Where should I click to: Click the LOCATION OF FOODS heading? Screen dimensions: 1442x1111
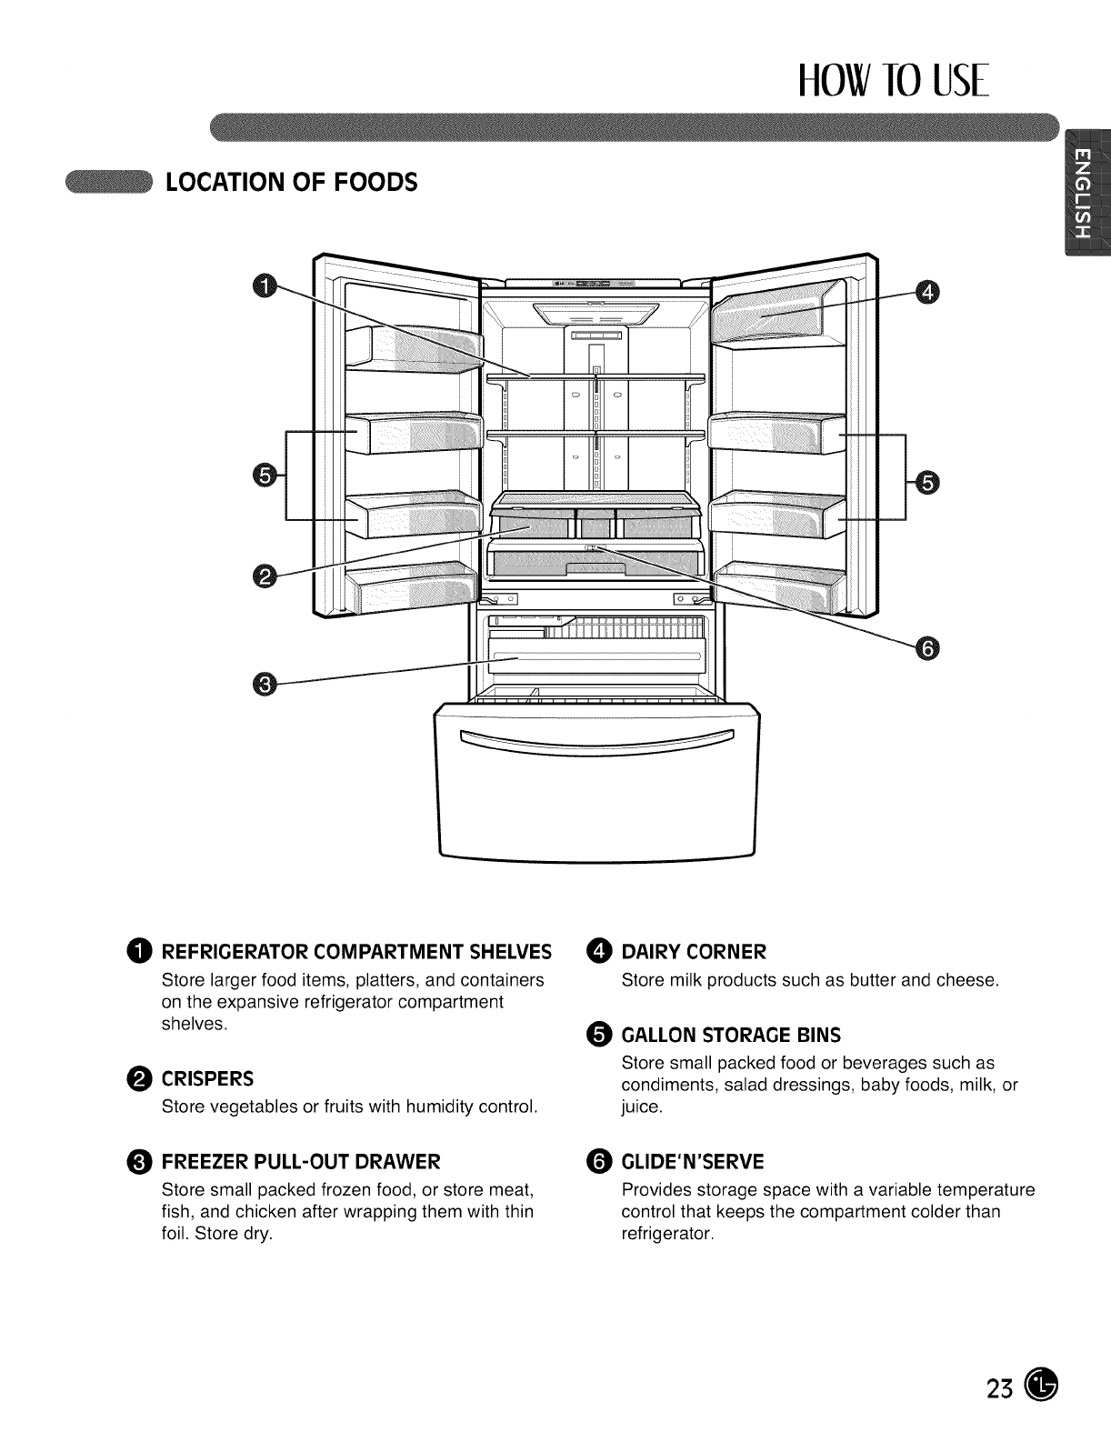[x=290, y=182]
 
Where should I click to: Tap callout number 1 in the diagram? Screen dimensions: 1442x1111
[x=261, y=287]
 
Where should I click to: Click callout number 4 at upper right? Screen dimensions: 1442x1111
[x=926, y=292]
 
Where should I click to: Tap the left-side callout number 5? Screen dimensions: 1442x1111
[x=263, y=475]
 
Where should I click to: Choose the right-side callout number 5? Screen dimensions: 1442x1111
[x=926, y=482]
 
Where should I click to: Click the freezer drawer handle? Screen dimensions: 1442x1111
[x=596, y=739]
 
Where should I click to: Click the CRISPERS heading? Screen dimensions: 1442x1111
[x=207, y=1079]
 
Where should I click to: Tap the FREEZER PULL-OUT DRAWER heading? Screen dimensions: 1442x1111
[x=301, y=1161]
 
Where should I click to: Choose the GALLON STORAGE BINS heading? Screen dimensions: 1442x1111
[x=731, y=1035]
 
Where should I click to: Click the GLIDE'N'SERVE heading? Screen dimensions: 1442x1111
[x=693, y=1161]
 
